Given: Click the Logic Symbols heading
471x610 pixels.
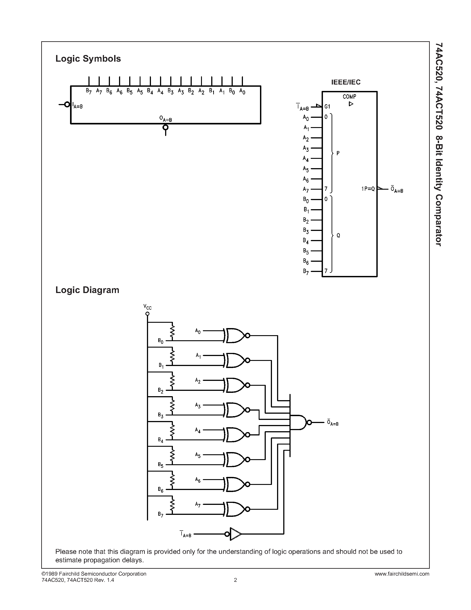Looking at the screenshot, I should (88, 59).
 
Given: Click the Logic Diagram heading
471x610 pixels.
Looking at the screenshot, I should (87, 290).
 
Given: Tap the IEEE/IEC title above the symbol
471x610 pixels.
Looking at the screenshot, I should (346, 82).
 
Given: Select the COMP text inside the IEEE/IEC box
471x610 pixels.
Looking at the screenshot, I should (349, 97).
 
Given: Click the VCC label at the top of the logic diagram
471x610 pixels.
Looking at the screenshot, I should (147, 307).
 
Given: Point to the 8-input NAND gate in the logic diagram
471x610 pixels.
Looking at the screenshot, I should (299, 422).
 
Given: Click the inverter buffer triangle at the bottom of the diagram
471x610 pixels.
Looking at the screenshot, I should (235, 534).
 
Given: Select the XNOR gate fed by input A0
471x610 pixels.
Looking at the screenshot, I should (236, 335).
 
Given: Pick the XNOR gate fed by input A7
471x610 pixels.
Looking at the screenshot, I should (236, 509).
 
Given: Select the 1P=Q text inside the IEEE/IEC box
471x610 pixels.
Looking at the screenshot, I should (368, 189).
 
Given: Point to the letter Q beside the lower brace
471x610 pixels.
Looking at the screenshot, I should (338, 235).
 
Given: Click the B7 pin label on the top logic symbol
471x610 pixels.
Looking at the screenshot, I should (88, 91).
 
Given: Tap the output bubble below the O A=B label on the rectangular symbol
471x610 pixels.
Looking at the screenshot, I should (166, 128).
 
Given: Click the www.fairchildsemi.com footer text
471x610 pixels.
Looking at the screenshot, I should (402, 574).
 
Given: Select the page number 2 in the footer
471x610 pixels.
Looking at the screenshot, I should (235, 580).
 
